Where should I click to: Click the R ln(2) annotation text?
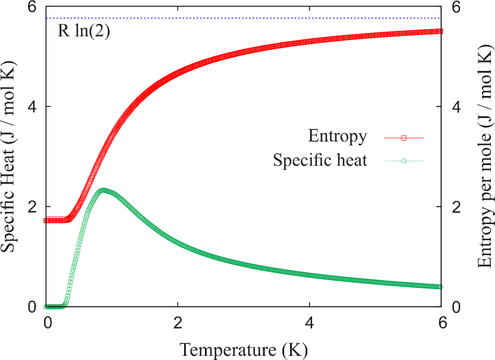tap(83, 31)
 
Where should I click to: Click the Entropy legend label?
tap(337, 136)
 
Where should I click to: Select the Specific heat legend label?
tap(320, 160)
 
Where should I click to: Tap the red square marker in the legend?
tap(403, 138)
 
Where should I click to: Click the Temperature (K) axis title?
tap(243, 349)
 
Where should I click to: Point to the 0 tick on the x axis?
tap(47, 322)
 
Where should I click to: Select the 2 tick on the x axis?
tap(178, 322)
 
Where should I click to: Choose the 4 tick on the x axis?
tap(309, 322)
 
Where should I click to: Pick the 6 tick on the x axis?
tap(441, 322)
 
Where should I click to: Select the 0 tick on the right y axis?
tap(456, 307)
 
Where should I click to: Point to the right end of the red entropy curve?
tap(440, 31)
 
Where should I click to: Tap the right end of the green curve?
tap(440, 287)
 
